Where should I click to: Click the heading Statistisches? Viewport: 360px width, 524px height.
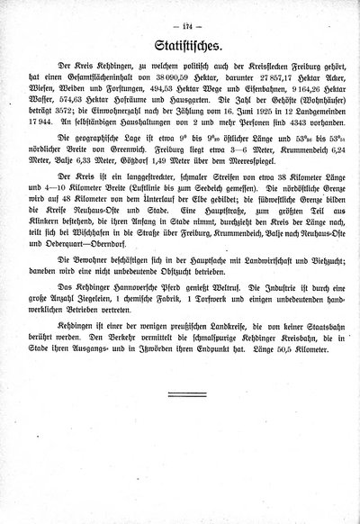click(x=180, y=45)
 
